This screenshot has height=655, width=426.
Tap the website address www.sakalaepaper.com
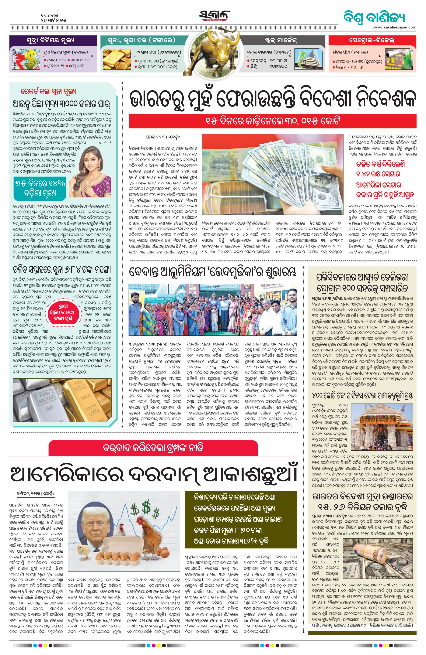[394, 27]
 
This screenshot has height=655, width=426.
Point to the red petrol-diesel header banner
[372, 40]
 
